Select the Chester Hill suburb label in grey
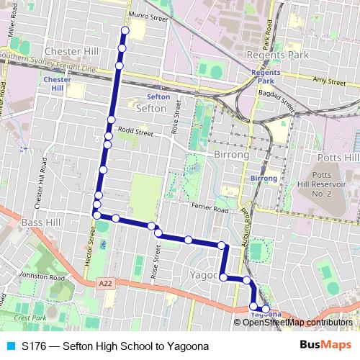(x=71, y=52)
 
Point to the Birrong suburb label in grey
(x=231, y=155)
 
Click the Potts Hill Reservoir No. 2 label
(x=330, y=184)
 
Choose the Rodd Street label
(x=136, y=132)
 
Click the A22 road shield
(x=105, y=284)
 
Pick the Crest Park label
(x=30, y=318)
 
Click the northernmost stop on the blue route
(x=125, y=30)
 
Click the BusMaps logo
(x=325, y=346)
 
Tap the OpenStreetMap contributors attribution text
(x=297, y=322)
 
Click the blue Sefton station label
(x=158, y=96)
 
